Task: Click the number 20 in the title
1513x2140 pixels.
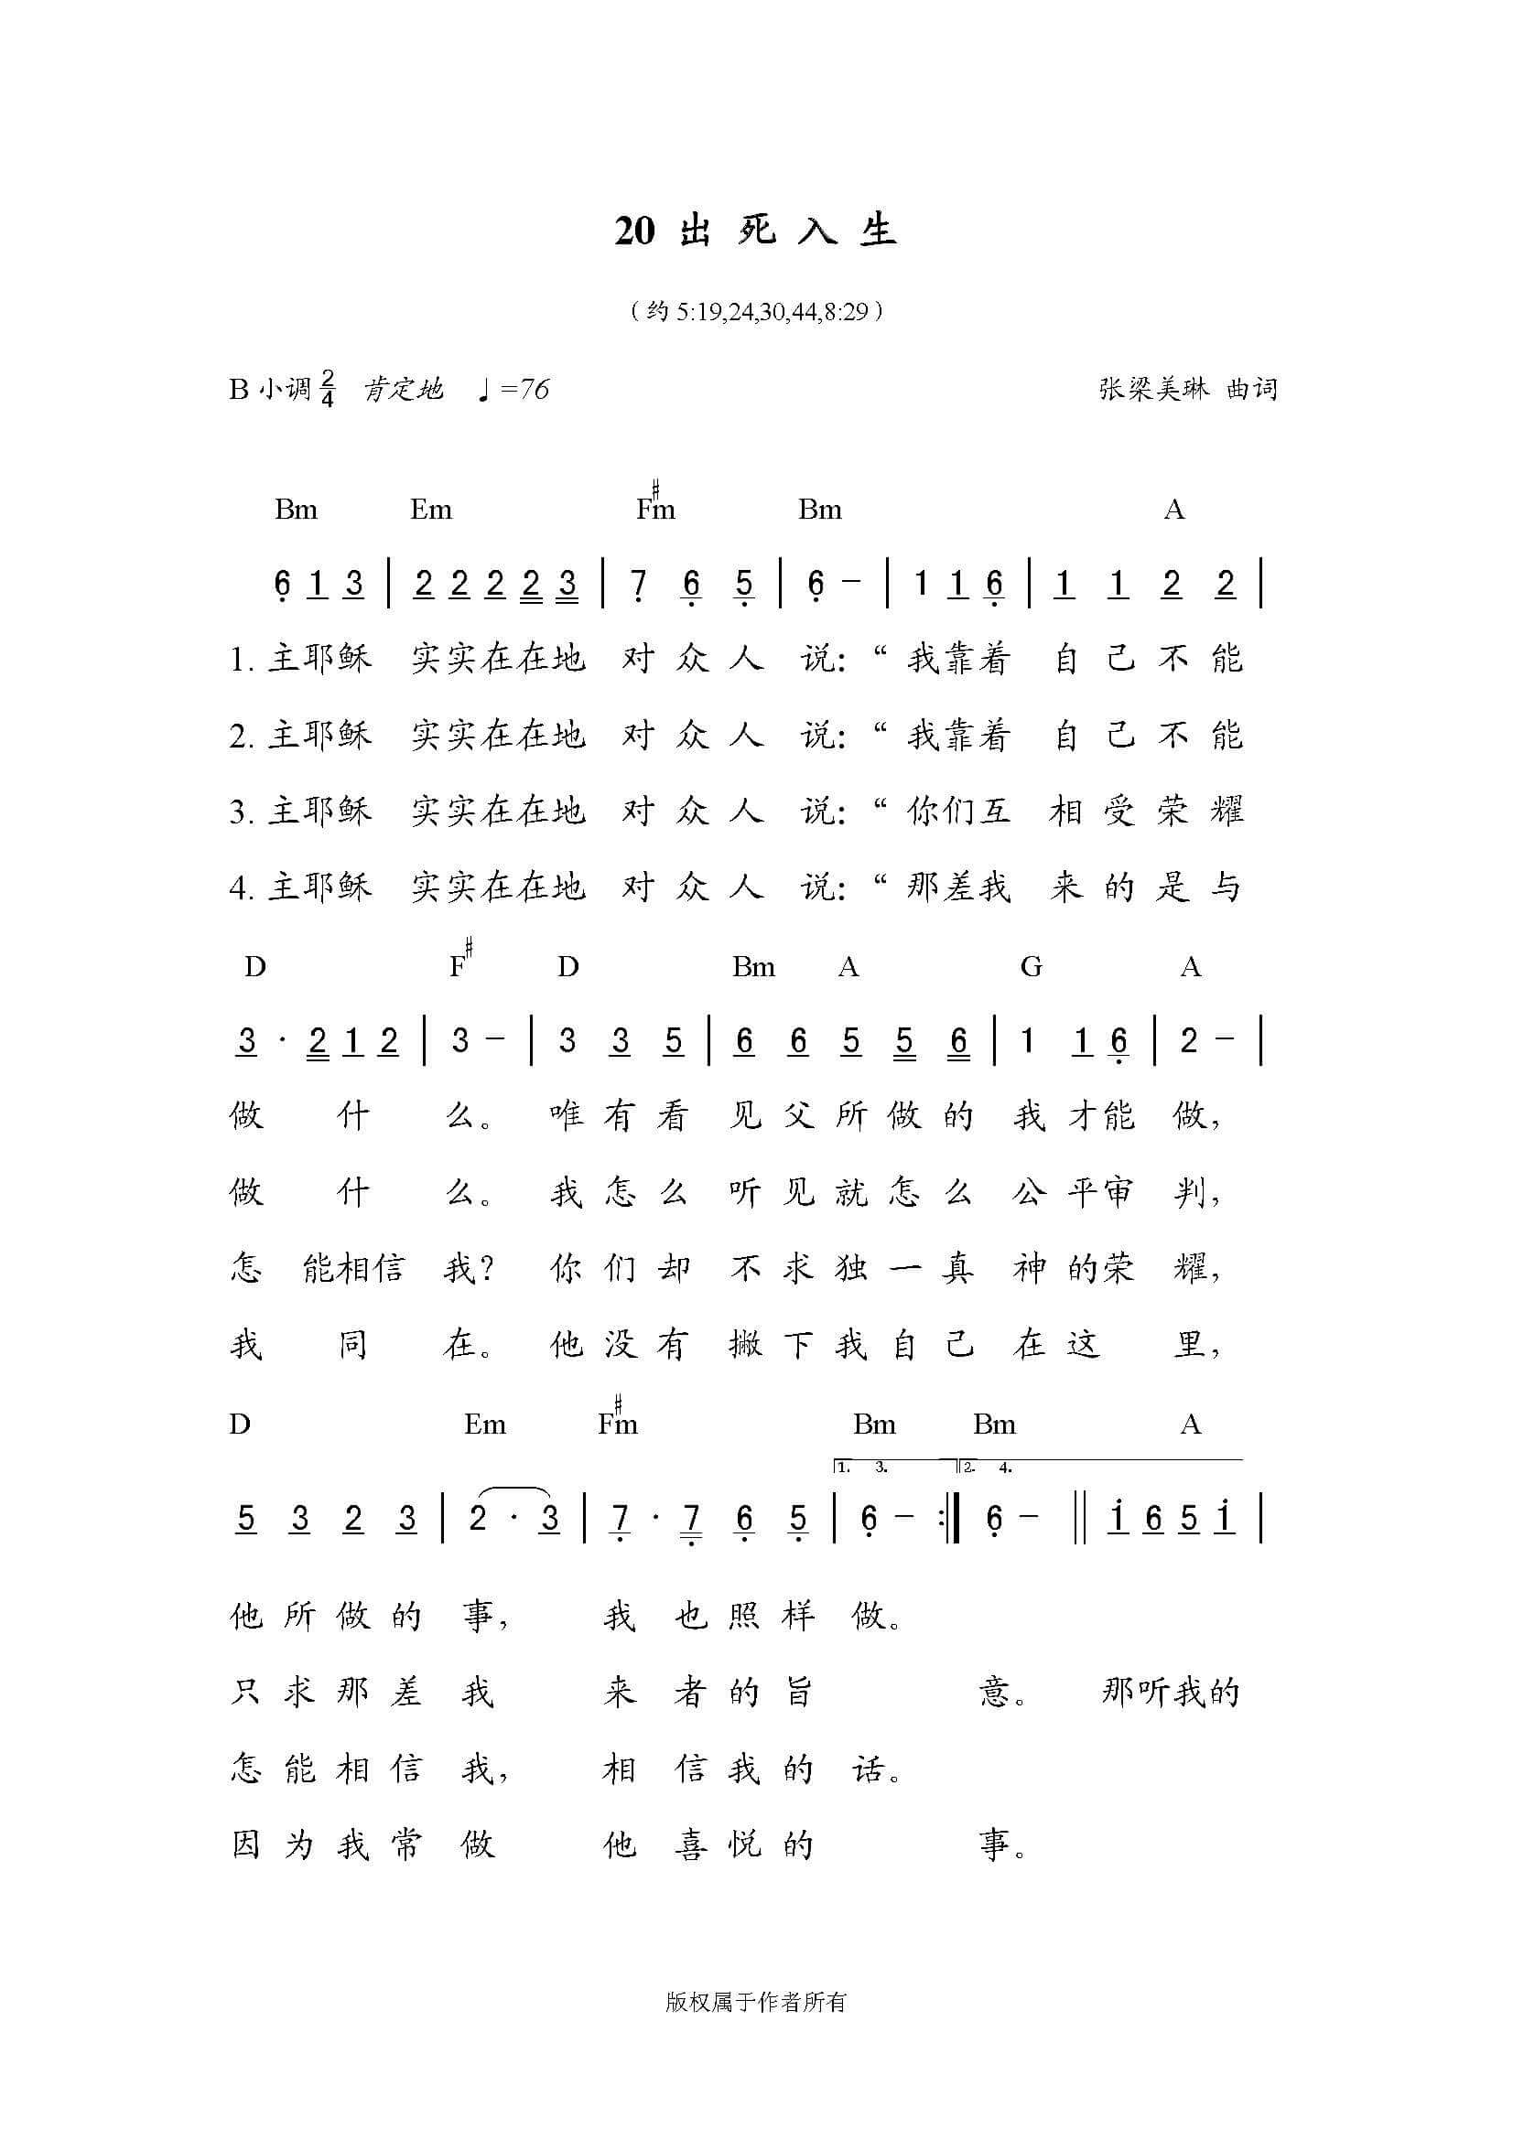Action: coord(635,231)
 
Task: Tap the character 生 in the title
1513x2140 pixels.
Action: coord(877,231)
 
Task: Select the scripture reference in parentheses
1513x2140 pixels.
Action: coord(756,310)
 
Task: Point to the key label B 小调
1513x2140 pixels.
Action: coord(269,389)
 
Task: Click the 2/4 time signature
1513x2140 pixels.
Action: coord(327,389)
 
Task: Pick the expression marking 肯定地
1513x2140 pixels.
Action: coord(403,389)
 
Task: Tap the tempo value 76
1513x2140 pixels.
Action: coord(535,389)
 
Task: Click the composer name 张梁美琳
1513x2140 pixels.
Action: coord(1154,389)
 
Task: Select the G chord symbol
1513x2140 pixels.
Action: coord(1030,966)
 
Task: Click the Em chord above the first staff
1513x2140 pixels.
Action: coord(431,509)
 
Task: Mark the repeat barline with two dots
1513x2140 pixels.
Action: coord(951,1520)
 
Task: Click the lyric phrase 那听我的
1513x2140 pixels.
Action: coord(1171,1692)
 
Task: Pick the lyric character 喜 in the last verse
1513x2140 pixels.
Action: coord(691,1844)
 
